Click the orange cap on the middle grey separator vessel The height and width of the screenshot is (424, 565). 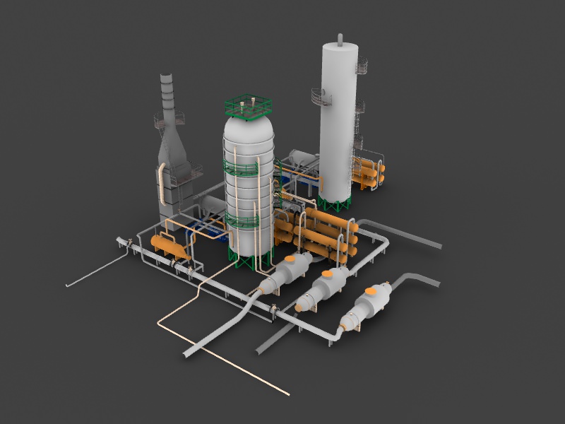pos(328,274)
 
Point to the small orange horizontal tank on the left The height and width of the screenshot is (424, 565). pos(169,246)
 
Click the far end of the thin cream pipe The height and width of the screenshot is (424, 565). pos(287,393)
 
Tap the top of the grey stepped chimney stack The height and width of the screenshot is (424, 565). pos(167,77)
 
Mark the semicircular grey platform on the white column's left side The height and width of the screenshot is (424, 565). pos(319,97)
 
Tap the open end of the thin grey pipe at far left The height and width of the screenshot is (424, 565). pos(68,285)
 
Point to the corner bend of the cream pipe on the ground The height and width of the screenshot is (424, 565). pos(159,324)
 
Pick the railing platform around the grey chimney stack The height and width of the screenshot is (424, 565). pos(168,120)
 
